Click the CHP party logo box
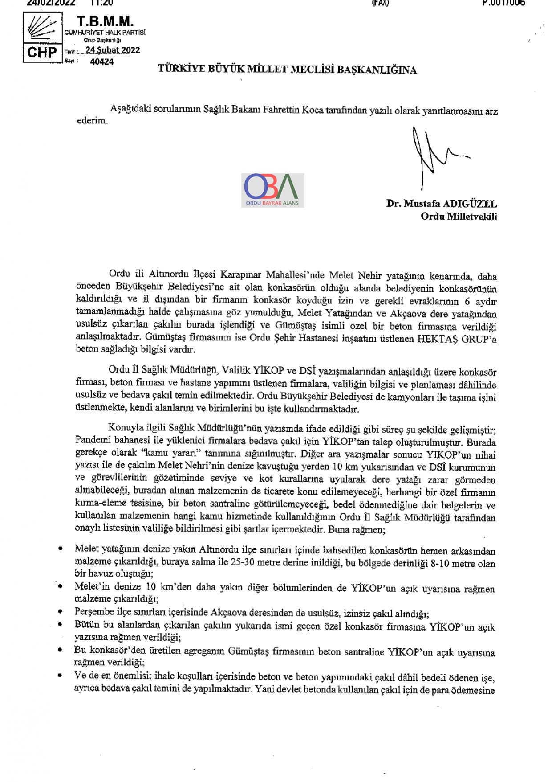point(42,37)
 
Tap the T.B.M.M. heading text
point(105,21)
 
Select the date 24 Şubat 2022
point(113,50)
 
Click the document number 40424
point(101,62)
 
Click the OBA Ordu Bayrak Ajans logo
point(272,190)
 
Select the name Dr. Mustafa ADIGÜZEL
point(441,204)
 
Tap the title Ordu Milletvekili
point(459,217)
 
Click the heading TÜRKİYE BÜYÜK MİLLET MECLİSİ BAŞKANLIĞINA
point(287,69)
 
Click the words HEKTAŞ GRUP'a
point(456,339)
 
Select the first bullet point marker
point(60,549)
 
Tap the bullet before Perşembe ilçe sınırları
point(60,612)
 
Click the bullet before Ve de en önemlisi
point(60,676)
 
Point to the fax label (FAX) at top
point(380,3)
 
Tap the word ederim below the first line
point(92,121)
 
